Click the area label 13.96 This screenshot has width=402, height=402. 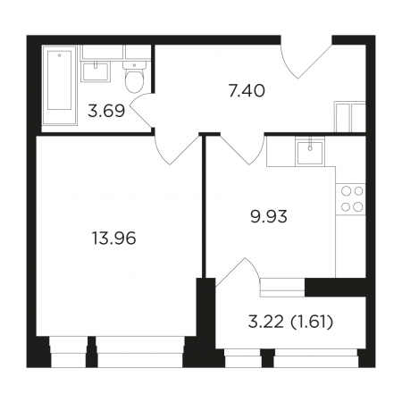(114, 239)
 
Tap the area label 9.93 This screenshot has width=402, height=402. (269, 216)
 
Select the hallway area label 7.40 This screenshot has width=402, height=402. (247, 91)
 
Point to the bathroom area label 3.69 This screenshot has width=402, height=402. (106, 111)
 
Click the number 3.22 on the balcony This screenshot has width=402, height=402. (266, 322)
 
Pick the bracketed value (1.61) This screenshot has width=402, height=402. (312, 322)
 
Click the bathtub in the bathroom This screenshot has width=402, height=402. (60, 85)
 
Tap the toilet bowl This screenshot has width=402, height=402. (134, 77)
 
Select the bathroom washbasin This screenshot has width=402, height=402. (96, 71)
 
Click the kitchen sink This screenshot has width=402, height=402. (310, 153)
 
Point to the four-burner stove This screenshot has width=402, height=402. (351, 199)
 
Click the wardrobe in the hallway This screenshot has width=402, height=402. (350, 117)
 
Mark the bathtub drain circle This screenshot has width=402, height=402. (60, 55)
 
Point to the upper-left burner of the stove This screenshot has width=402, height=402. (347, 191)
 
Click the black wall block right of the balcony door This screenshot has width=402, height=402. (335, 288)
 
